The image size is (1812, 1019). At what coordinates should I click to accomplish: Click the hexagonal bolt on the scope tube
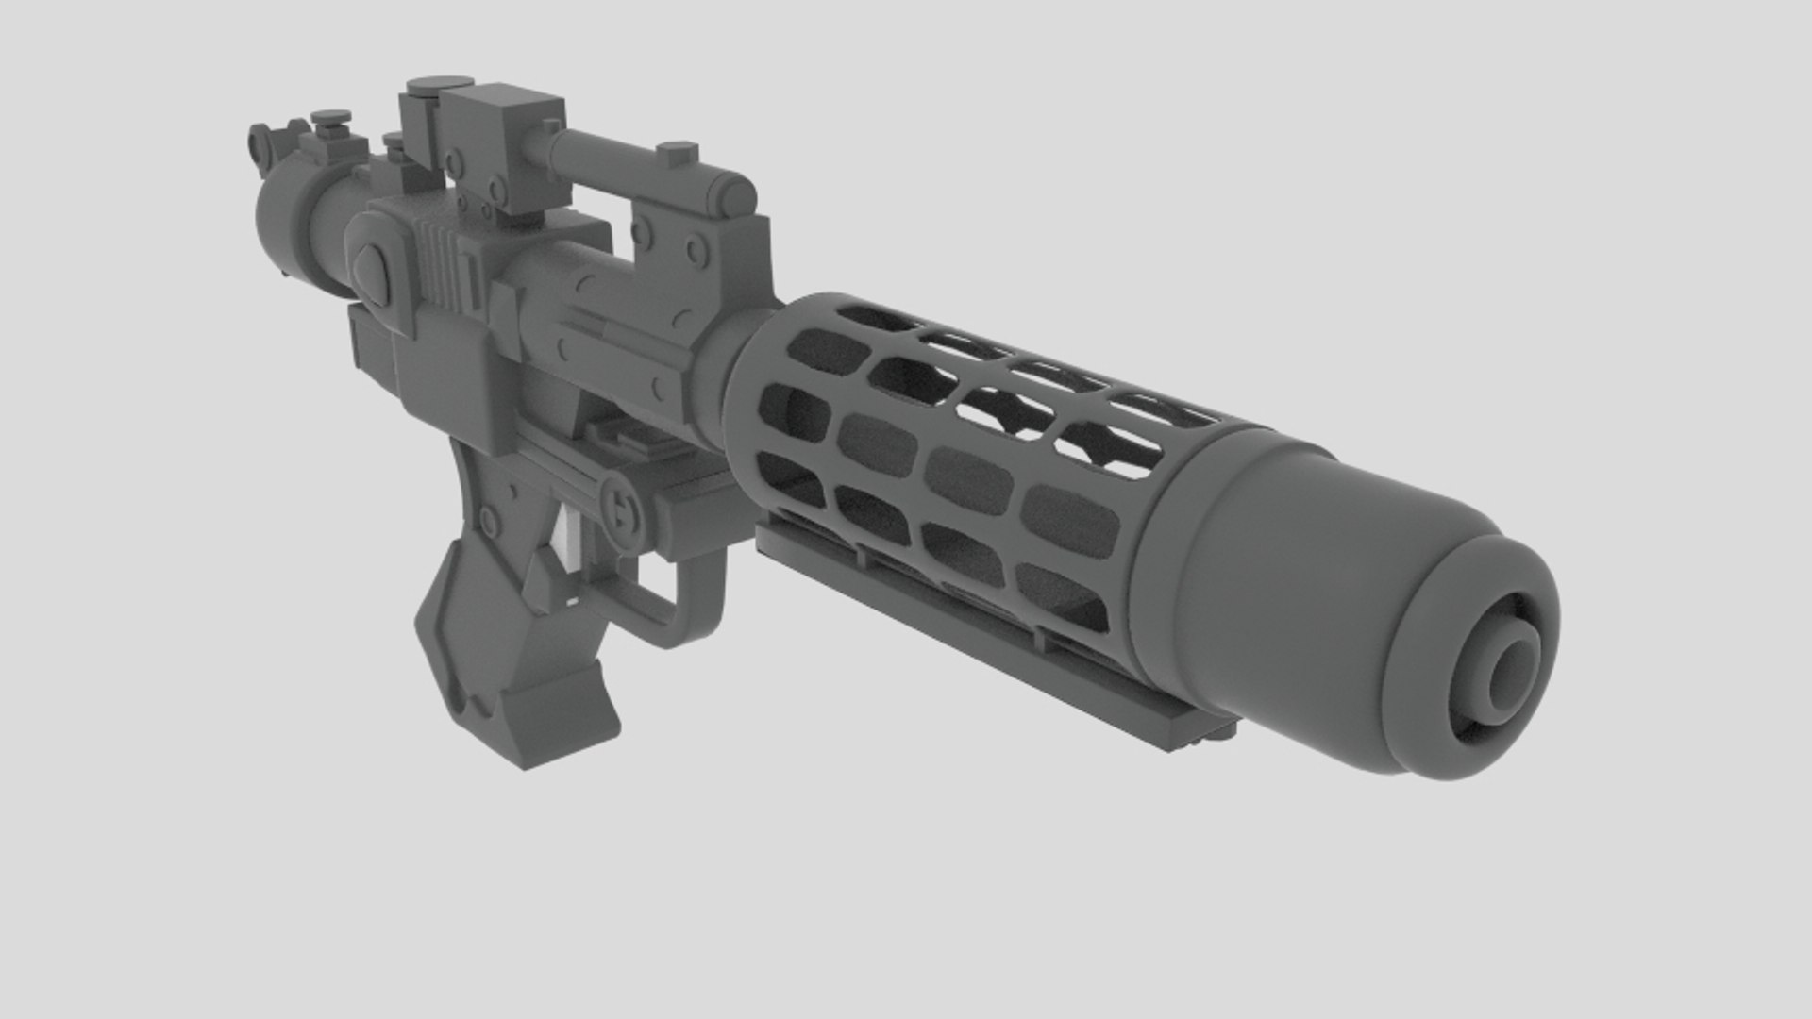click(x=676, y=151)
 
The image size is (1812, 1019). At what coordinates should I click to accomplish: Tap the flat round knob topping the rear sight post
click(x=331, y=118)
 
